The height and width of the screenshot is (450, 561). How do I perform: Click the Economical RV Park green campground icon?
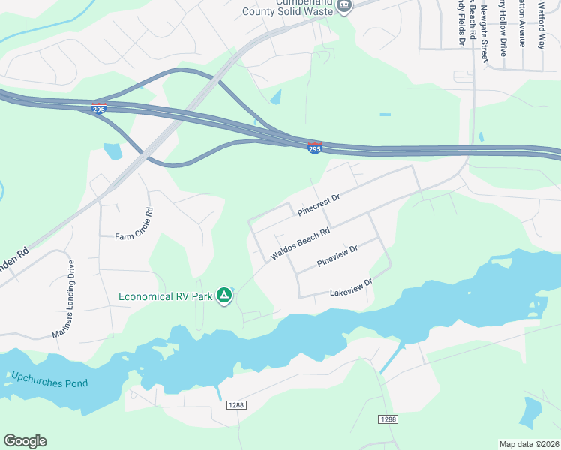click(223, 295)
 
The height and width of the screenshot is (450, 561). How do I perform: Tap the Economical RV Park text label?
click(165, 295)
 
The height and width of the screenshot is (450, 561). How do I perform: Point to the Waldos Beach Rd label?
click(301, 245)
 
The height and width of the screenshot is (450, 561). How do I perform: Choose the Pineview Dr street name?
click(338, 256)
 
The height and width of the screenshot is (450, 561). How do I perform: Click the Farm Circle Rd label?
click(134, 223)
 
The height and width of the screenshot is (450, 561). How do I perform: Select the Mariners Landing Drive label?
click(64, 298)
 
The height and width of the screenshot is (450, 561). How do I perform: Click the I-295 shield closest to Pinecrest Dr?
click(315, 148)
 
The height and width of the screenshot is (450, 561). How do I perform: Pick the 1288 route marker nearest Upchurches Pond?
click(236, 405)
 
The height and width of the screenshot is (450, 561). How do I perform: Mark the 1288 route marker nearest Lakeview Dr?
click(387, 419)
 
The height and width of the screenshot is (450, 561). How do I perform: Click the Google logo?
click(25, 440)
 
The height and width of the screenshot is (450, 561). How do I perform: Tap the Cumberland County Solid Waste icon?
click(343, 7)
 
